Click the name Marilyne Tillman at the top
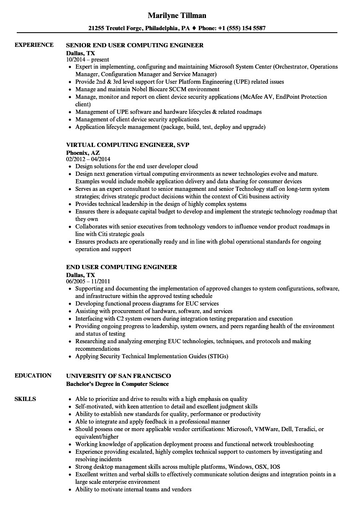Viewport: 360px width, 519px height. click(x=177, y=15)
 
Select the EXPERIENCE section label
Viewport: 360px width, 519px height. click(x=34, y=45)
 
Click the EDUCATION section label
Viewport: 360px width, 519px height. click(x=33, y=375)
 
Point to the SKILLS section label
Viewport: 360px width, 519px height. click(x=25, y=399)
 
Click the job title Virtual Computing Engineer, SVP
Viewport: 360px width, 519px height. click(x=128, y=145)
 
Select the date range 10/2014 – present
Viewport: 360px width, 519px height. click(x=87, y=60)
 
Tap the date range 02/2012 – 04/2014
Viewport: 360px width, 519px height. click(x=88, y=159)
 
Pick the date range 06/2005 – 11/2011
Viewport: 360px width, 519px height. click(x=88, y=282)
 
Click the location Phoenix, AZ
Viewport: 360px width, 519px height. click(x=83, y=153)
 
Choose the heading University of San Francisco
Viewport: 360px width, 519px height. click(x=118, y=376)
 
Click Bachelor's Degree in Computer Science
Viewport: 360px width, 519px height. click(x=118, y=384)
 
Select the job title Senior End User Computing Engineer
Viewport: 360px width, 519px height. click(x=135, y=45)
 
